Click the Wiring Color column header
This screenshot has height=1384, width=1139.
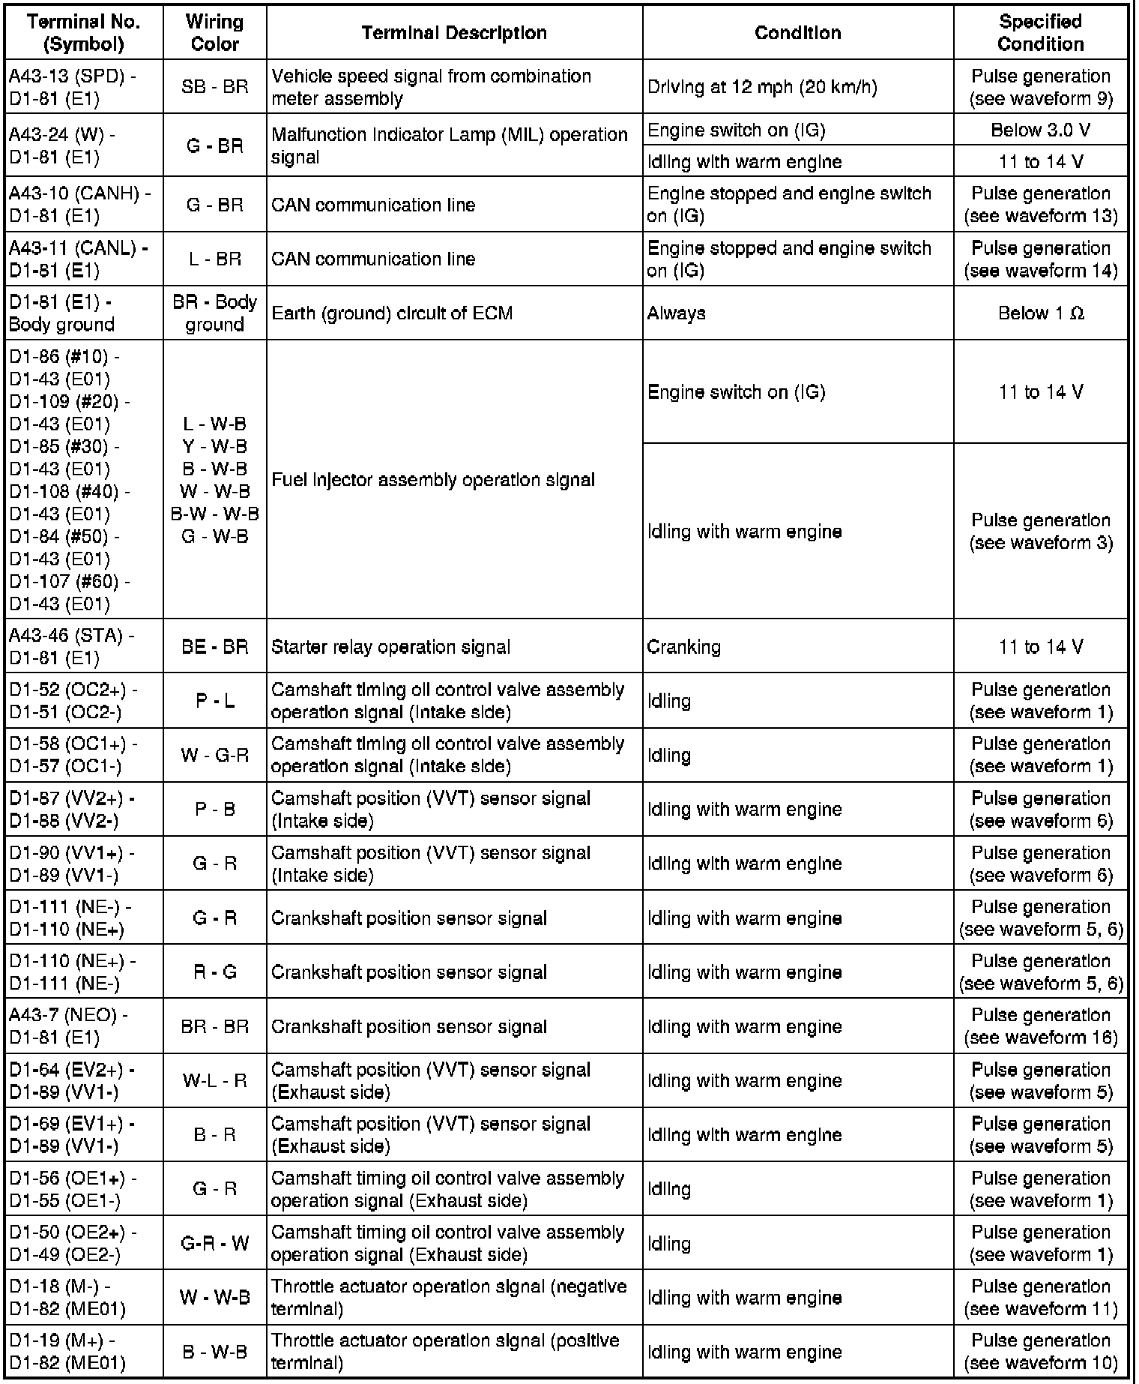pos(215,33)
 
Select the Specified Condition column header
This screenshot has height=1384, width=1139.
pos(1040,33)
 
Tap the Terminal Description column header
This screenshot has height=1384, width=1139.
pos(454,33)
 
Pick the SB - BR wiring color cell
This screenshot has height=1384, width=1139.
pos(215,87)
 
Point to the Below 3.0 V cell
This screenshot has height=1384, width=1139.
pos(1040,130)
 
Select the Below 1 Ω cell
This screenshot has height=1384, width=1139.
pos(1040,313)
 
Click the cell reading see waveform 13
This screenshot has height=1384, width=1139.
pos(1040,205)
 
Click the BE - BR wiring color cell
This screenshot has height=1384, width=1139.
pos(215,647)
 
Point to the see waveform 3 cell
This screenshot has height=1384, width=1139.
pos(1040,532)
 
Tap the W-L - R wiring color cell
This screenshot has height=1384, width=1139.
pos(215,1081)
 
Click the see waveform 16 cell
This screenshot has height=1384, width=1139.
pos(1040,1026)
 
